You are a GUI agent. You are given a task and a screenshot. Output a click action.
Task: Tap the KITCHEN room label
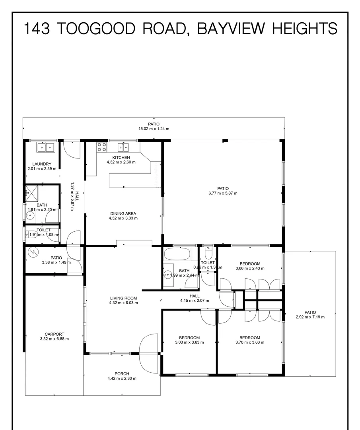[x=121, y=158]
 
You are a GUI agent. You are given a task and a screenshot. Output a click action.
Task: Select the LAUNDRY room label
[x=42, y=164]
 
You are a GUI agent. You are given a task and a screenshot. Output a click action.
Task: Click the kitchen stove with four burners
[x=102, y=147]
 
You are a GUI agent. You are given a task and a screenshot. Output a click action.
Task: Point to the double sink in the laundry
[x=45, y=147]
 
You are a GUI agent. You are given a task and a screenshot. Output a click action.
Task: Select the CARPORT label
[x=54, y=334]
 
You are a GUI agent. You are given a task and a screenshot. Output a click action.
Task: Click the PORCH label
[x=122, y=374]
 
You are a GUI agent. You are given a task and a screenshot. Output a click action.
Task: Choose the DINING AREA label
[x=123, y=214]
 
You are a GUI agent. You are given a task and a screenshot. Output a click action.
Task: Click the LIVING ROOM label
[x=123, y=298]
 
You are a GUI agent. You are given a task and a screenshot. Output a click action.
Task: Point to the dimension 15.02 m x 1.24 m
[x=154, y=129]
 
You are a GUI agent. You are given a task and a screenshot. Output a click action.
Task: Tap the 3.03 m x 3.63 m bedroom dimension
[x=189, y=342]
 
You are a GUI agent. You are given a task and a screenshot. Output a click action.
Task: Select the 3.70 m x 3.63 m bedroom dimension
[x=250, y=342]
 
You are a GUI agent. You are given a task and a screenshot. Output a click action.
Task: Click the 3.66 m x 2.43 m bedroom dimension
[x=250, y=268]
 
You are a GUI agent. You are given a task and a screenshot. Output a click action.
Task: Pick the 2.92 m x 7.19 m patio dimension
[x=310, y=317]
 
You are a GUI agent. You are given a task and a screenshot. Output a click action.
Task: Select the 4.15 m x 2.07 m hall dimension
[x=195, y=301]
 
